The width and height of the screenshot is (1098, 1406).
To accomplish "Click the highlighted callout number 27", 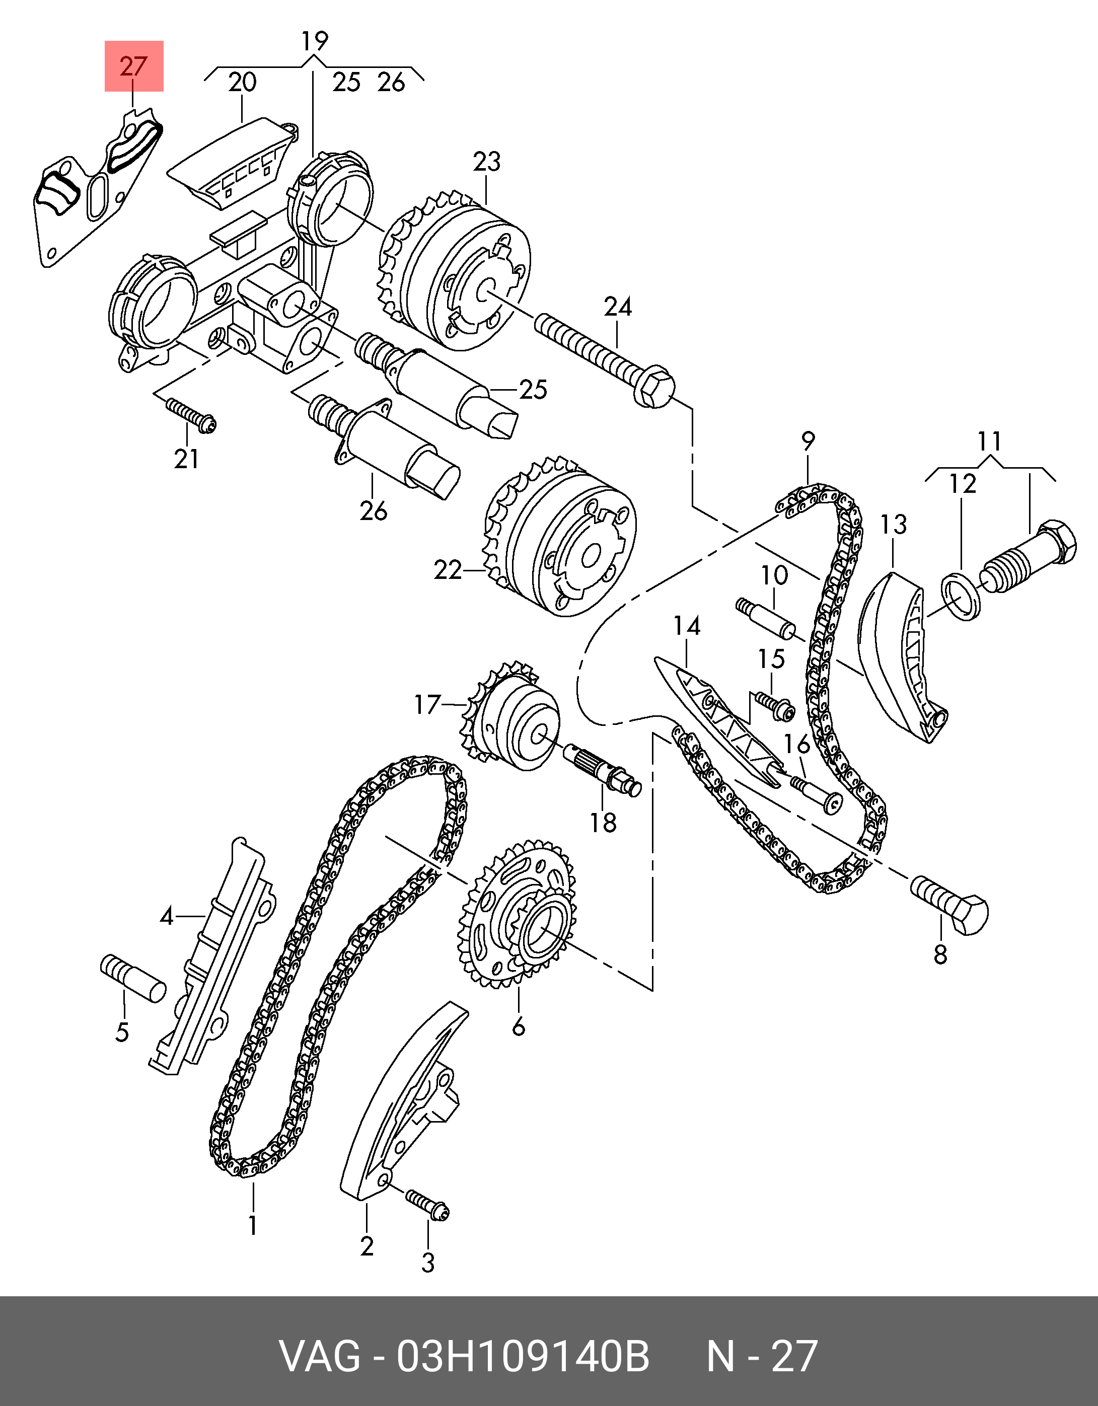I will [134, 66].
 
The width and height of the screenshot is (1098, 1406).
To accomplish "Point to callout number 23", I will [486, 162].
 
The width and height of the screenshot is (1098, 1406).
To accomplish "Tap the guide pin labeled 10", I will [766, 618].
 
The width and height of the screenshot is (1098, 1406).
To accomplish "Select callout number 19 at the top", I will [314, 41].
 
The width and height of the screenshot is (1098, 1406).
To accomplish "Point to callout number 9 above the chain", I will [808, 441].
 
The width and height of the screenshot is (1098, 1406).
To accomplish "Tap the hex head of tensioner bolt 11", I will [1056, 543].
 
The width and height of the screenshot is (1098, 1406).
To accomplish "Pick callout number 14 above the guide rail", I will [687, 626].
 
